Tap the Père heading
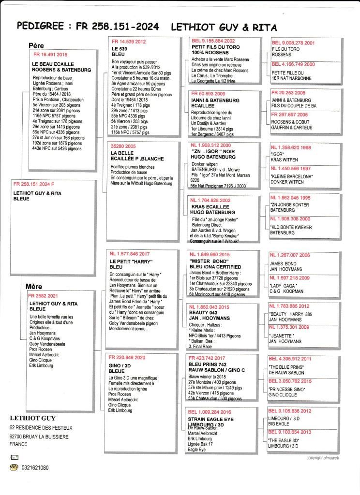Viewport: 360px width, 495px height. pos(36,46)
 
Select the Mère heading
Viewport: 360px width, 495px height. pos(34,287)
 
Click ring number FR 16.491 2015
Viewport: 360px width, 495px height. pos(48,55)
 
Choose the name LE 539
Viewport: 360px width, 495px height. pos(119,49)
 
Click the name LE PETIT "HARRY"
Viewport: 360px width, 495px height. pos(130,261)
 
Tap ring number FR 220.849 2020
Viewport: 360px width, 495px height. pos(128,358)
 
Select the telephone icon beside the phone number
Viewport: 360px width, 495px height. pos(14,467)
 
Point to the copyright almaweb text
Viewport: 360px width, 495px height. pos(325,457)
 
